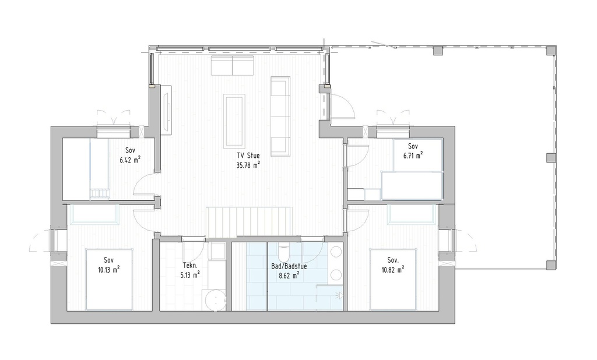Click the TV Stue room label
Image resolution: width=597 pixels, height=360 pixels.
[x=248, y=156]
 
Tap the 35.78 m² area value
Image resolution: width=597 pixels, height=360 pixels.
[x=248, y=165]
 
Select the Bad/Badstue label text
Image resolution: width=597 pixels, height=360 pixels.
[x=289, y=266]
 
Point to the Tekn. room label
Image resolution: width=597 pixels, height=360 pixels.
[x=190, y=264]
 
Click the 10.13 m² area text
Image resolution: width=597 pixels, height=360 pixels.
[x=108, y=270]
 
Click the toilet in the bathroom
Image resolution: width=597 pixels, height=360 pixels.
[x=284, y=252]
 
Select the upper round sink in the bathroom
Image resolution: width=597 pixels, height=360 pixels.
[x=335, y=252]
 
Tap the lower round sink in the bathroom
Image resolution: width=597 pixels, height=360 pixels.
[x=335, y=274]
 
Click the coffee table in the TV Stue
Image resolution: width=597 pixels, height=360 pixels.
[x=234, y=121]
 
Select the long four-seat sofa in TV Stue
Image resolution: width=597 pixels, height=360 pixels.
[x=280, y=115]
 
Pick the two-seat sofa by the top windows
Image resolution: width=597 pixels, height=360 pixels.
[x=233, y=66]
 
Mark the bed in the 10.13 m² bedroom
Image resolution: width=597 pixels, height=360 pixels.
[x=110, y=280]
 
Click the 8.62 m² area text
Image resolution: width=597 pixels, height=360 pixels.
[x=289, y=276]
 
